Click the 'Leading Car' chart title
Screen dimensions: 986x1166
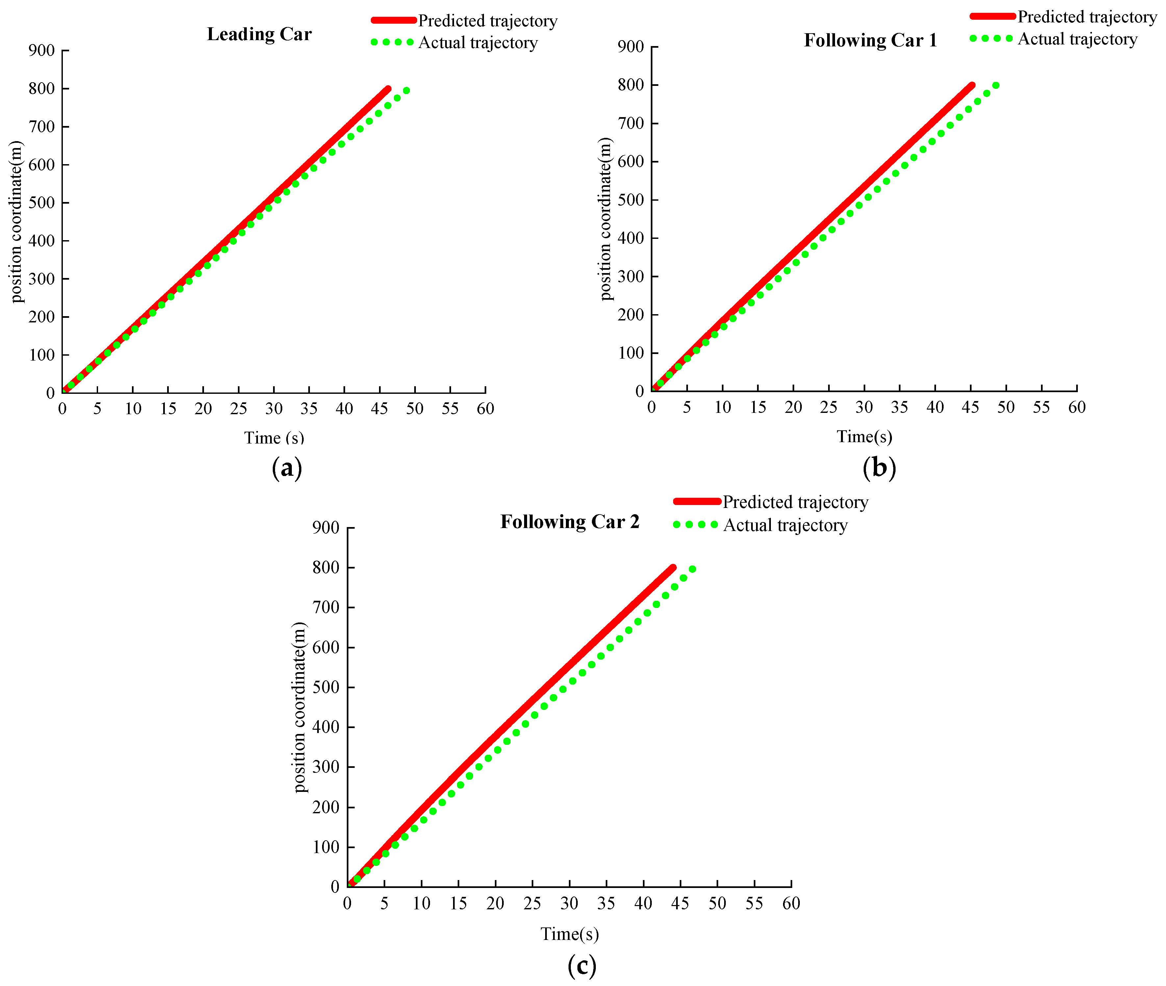(259, 34)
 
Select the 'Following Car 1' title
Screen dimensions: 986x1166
(870, 40)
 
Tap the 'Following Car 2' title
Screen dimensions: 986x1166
(569, 521)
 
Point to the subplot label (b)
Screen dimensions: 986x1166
(879, 467)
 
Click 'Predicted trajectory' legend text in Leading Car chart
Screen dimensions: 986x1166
(487, 21)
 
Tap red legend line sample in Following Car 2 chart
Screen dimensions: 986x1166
(697, 501)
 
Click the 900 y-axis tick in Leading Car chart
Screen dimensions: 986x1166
(41, 51)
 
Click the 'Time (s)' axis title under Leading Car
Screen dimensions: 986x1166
(274, 438)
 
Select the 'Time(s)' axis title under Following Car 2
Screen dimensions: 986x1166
(569, 934)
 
